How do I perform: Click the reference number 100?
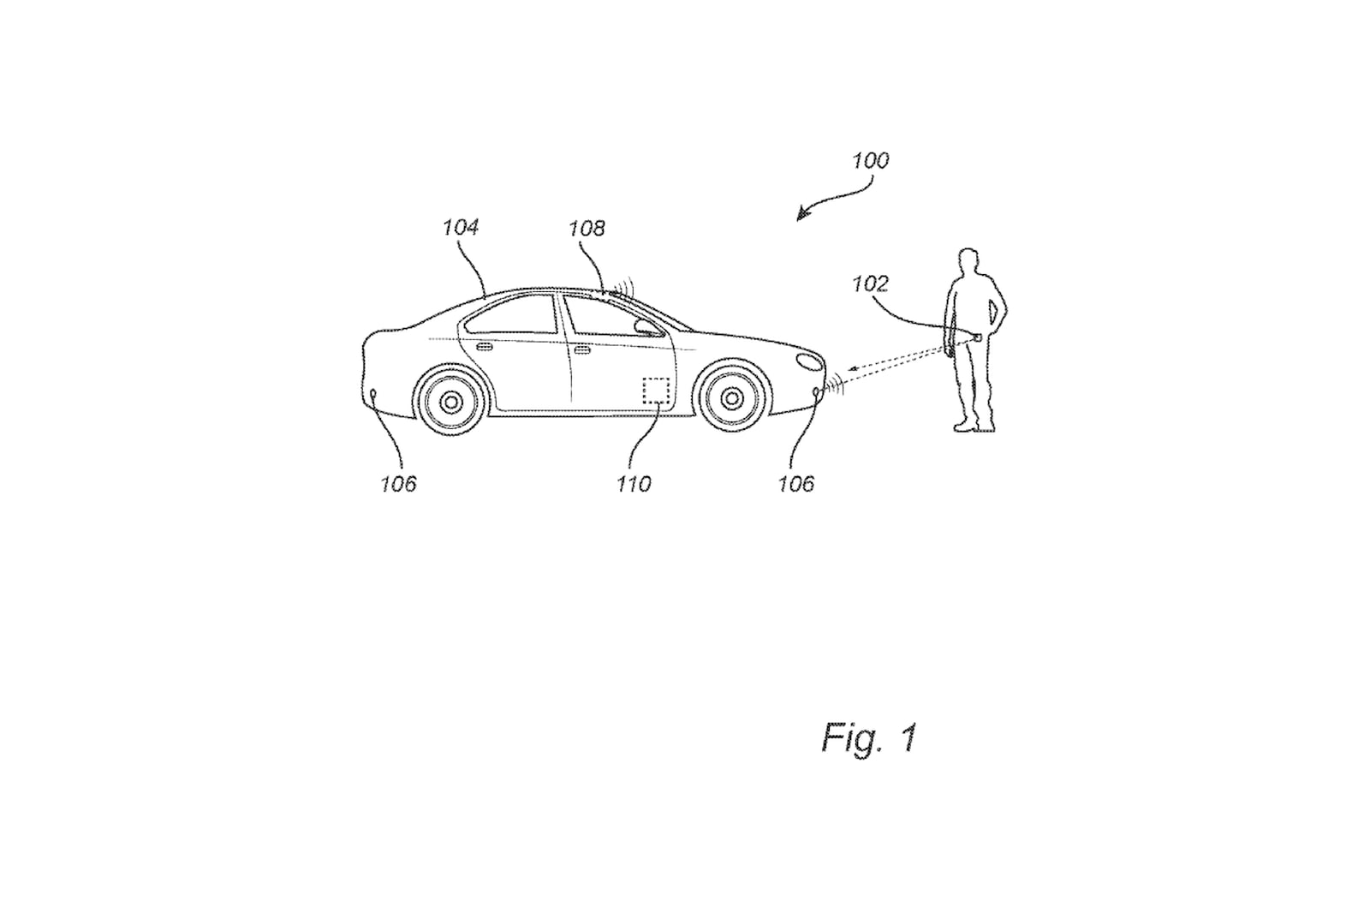pos(870,160)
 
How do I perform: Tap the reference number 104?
pos(460,227)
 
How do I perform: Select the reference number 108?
pos(587,228)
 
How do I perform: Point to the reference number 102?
pos(870,283)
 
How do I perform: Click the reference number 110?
pos(634,484)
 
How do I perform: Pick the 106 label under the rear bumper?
pos(398,484)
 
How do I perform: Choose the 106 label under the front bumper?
pos(795,484)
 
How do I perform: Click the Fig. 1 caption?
pos(869,737)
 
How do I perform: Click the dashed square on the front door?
pos(656,391)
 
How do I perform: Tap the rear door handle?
pos(484,347)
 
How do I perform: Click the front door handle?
pos(582,350)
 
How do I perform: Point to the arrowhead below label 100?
pos(801,215)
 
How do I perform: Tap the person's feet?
pos(974,425)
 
